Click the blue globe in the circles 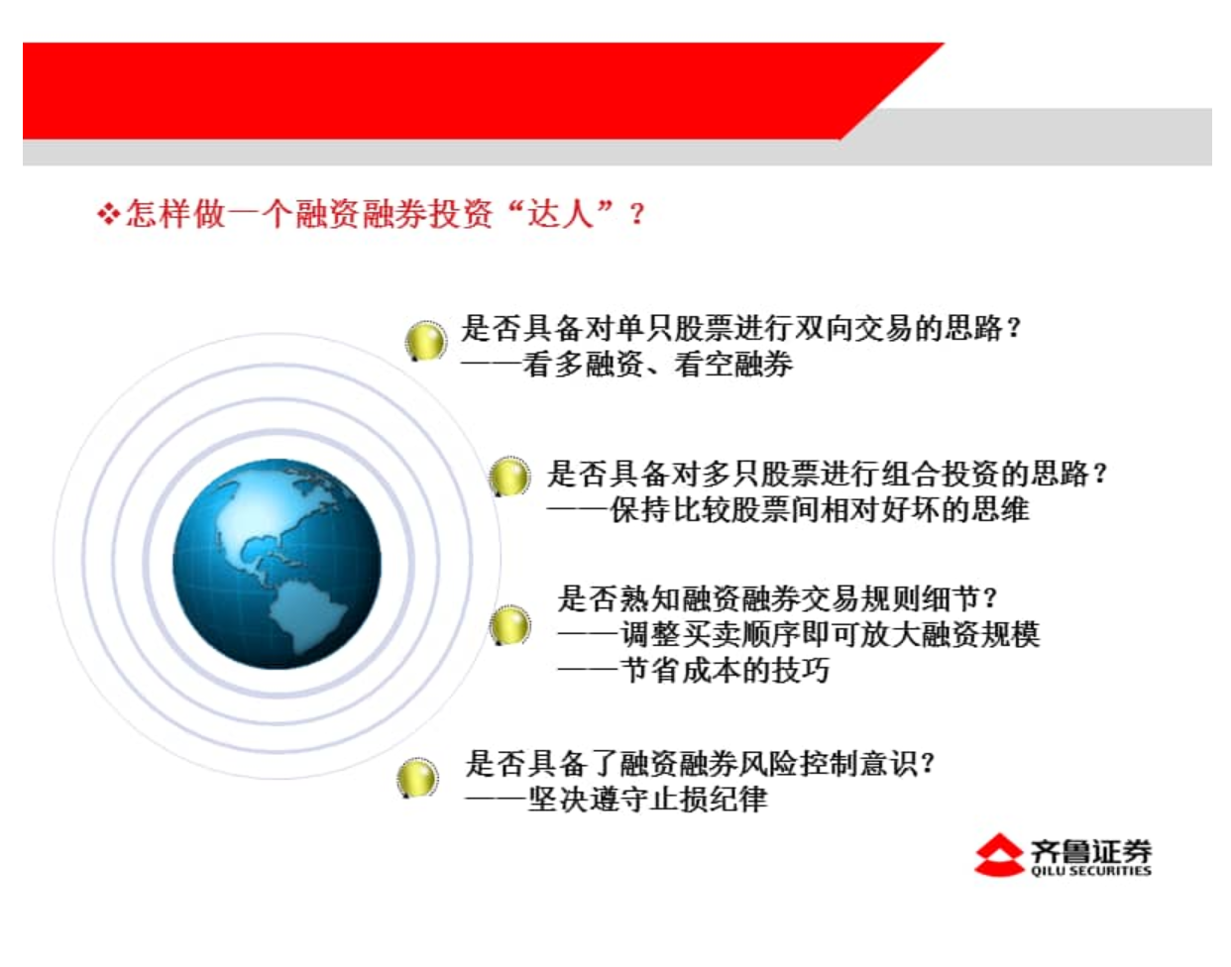tap(277, 564)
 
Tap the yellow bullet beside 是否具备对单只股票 tap(425, 341)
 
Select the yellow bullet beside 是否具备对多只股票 tap(509, 477)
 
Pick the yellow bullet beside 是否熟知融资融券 tap(509, 625)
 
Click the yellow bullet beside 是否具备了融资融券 tap(417, 778)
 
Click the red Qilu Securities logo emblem tap(998, 855)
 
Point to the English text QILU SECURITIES tap(1090, 871)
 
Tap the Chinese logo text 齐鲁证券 tap(1090, 850)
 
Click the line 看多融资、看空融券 tap(657, 364)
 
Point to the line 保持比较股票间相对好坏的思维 tap(820, 509)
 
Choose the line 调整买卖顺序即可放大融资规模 tap(830, 634)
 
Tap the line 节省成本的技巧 tap(726, 671)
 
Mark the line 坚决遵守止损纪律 tap(647, 800)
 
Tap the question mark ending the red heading tap(636, 215)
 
